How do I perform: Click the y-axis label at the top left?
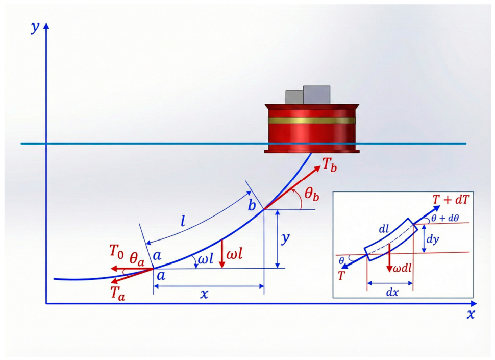35,28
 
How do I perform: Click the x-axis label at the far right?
471,314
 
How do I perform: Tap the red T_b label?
329,165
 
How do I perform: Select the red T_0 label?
116,251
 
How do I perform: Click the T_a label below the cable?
118,294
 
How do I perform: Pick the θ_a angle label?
137,258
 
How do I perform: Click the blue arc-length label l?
183,221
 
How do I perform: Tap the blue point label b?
252,205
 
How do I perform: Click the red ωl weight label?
235,254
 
